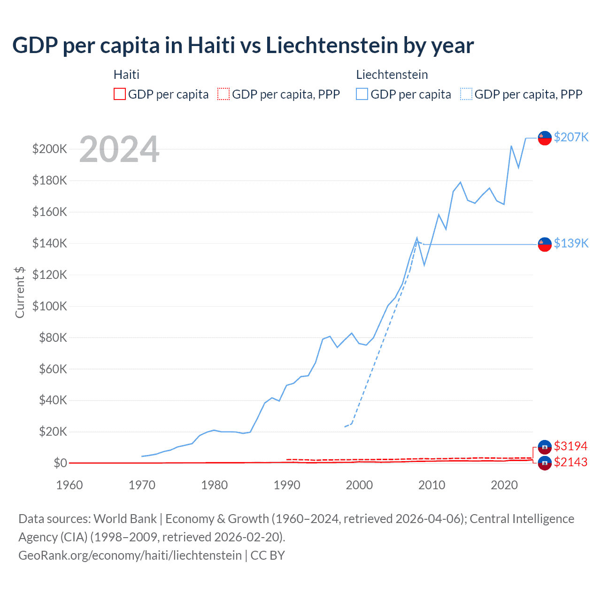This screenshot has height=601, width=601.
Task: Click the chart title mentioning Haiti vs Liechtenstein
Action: (243, 46)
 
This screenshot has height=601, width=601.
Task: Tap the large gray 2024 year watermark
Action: (119, 149)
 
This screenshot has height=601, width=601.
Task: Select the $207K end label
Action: (571, 137)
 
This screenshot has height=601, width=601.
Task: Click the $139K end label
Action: (571, 243)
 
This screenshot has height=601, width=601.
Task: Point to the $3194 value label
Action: (570, 446)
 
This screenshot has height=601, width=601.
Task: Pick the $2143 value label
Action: (570, 462)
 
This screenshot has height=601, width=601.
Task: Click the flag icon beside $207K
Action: (544, 138)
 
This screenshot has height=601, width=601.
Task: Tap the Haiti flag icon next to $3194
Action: (544, 447)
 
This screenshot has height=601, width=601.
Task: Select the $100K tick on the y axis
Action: (50, 306)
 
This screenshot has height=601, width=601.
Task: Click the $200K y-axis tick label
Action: (50, 149)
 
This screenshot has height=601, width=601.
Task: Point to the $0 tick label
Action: (60, 463)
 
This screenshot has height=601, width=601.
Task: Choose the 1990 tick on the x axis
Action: (287, 485)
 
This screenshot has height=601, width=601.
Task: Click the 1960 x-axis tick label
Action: (69, 485)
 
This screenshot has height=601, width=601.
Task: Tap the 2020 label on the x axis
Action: (504, 485)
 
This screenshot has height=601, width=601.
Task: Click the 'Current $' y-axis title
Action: (20, 292)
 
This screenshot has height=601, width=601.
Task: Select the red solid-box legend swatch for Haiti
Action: (120, 94)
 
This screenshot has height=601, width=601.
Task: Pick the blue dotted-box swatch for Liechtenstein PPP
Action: (466, 94)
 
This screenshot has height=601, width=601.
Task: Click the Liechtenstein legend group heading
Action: (392, 75)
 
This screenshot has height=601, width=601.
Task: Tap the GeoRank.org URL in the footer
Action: (130, 555)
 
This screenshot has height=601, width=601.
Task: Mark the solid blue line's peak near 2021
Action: (511, 146)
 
